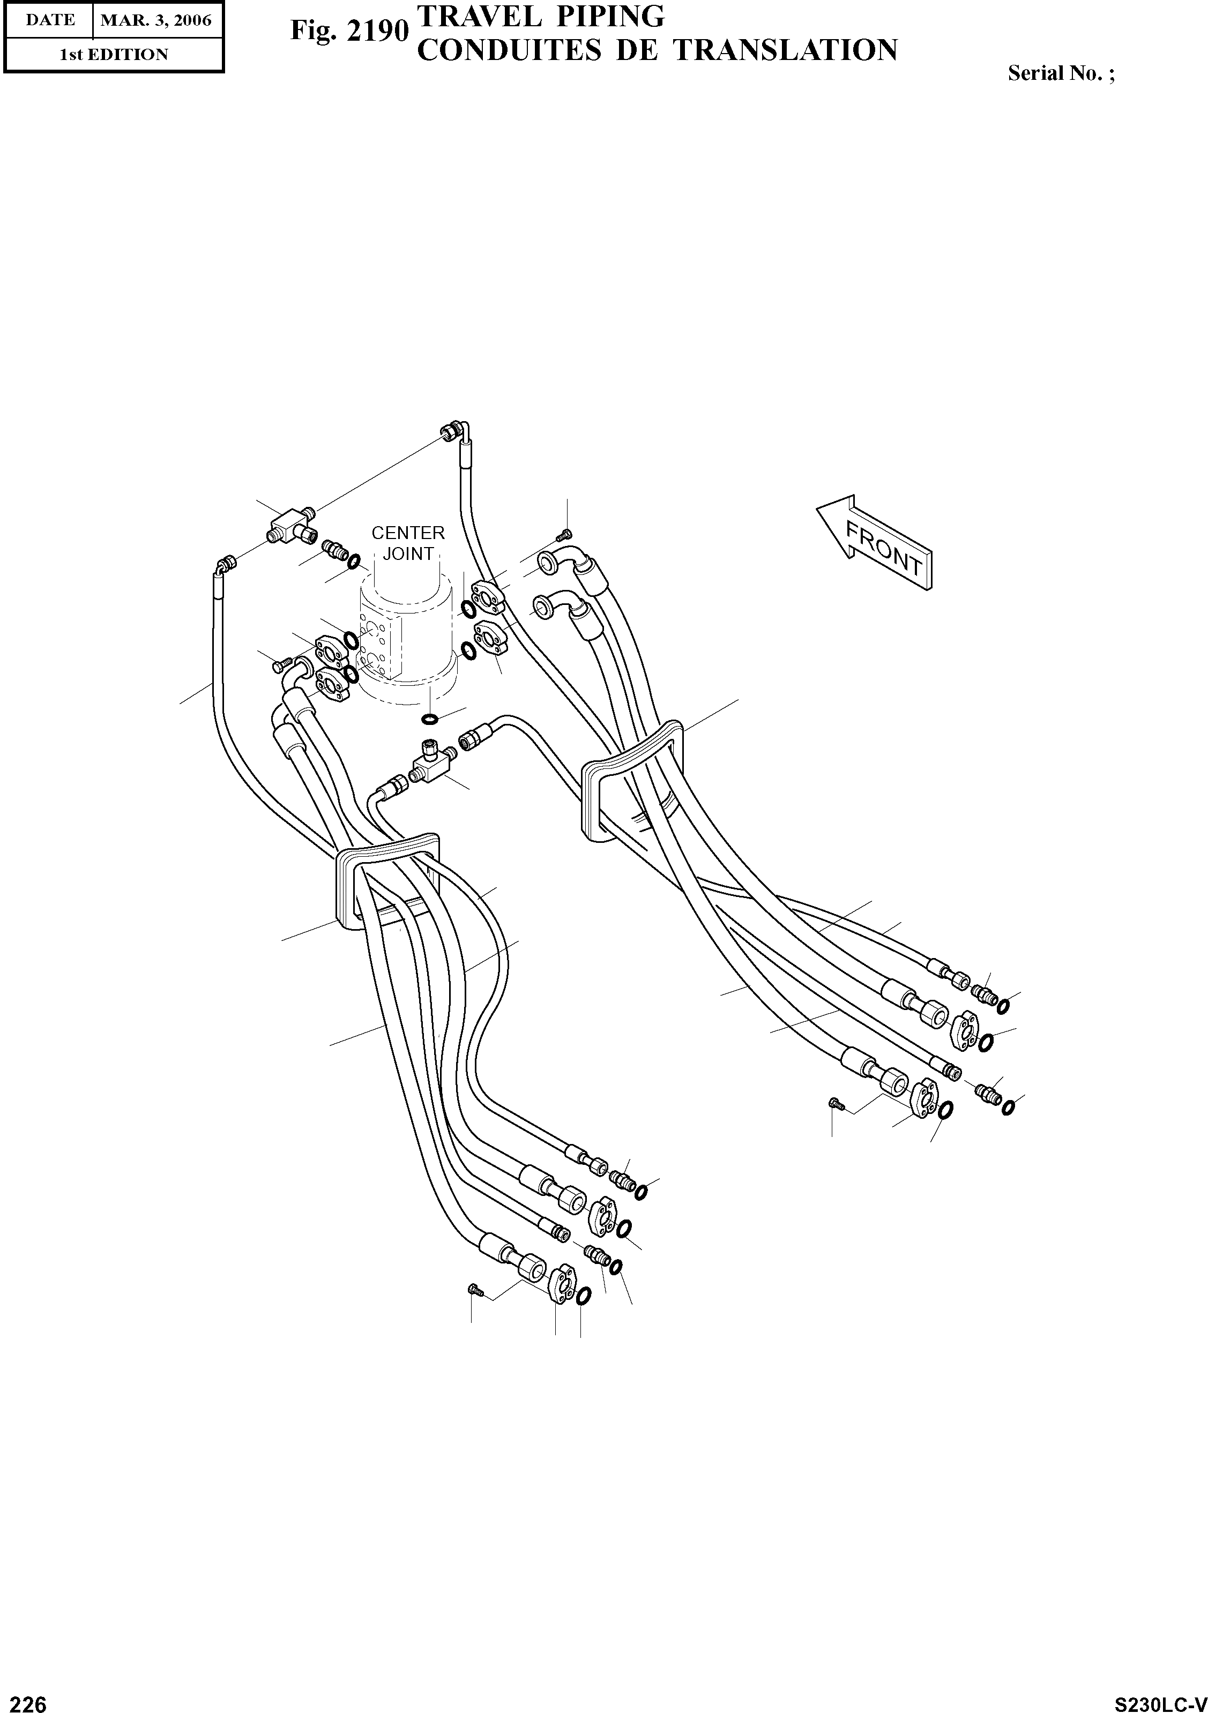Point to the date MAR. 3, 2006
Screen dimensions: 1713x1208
point(156,20)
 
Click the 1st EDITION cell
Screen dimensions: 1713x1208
point(114,55)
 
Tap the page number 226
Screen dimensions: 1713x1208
point(24,1698)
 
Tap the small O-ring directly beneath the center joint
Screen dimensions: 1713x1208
point(430,719)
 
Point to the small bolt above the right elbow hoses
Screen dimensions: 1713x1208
point(565,534)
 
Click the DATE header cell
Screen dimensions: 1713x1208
point(49,20)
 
